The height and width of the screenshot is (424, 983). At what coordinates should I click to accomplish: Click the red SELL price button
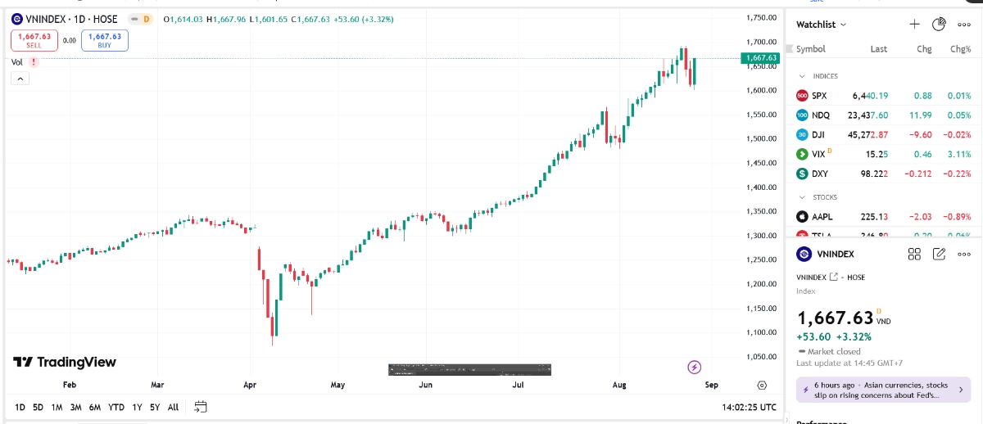point(34,40)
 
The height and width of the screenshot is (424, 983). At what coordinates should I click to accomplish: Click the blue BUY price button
point(105,40)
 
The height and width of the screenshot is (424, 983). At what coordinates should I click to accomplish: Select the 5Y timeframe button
point(154,407)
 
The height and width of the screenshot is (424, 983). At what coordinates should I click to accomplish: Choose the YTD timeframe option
point(116,407)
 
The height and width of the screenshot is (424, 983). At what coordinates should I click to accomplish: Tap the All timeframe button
point(173,407)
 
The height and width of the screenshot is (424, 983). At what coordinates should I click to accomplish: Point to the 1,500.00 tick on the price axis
point(761,139)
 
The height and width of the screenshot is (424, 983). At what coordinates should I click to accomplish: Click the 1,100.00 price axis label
point(761,332)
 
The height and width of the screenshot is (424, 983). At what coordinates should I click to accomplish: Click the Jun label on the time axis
point(425,385)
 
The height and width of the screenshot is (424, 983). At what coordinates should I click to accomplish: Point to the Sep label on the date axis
point(711,385)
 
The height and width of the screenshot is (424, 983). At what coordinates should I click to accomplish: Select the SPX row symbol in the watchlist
point(819,96)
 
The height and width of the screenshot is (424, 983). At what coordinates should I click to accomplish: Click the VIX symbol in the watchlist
point(818,154)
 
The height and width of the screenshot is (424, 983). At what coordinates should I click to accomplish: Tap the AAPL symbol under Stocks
point(822,217)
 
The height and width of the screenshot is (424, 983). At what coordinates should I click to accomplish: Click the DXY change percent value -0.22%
point(958,174)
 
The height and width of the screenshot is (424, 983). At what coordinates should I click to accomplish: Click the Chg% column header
point(960,49)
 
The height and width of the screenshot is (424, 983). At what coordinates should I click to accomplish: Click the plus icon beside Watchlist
point(915,25)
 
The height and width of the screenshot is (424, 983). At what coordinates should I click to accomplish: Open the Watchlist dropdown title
point(822,25)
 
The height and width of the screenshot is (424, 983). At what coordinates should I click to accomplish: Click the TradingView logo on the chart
point(65,362)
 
